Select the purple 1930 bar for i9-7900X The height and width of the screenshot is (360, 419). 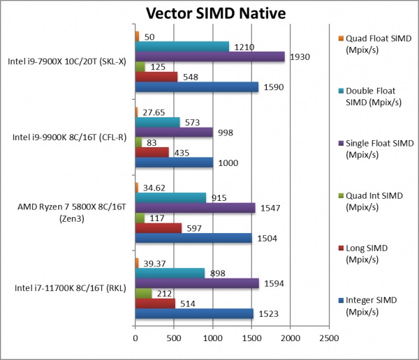[x=209, y=57]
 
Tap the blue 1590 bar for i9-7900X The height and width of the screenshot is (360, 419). [x=196, y=87]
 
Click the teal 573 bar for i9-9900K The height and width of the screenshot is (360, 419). [x=157, y=122]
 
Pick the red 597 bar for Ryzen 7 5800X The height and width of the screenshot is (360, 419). [x=158, y=227]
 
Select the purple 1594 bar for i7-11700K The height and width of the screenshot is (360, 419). [x=197, y=283]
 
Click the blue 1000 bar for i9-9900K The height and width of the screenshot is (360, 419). [x=174, y=163]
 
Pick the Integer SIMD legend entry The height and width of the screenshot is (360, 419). [x=374, y=306]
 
